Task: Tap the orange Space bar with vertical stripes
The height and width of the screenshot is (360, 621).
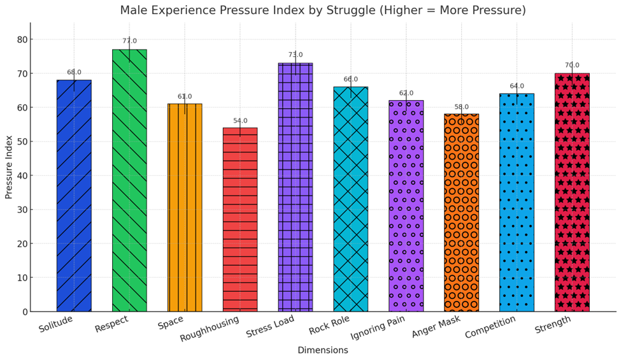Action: point(185,208)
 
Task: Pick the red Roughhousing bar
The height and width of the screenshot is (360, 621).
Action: point(240,220)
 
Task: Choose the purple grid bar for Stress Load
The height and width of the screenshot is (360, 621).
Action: point(296,187)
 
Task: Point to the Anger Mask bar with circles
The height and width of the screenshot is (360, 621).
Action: point(461,213)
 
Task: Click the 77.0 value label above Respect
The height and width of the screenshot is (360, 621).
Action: point(129,41)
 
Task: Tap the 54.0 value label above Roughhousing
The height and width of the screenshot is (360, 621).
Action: point(240,121)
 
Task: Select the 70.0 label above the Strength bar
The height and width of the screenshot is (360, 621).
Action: point(572,66)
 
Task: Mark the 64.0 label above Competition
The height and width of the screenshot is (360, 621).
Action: point(517,86)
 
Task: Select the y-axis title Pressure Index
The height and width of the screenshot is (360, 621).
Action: point(9,167)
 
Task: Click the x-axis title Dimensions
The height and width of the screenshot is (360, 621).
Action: point(323,350)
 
